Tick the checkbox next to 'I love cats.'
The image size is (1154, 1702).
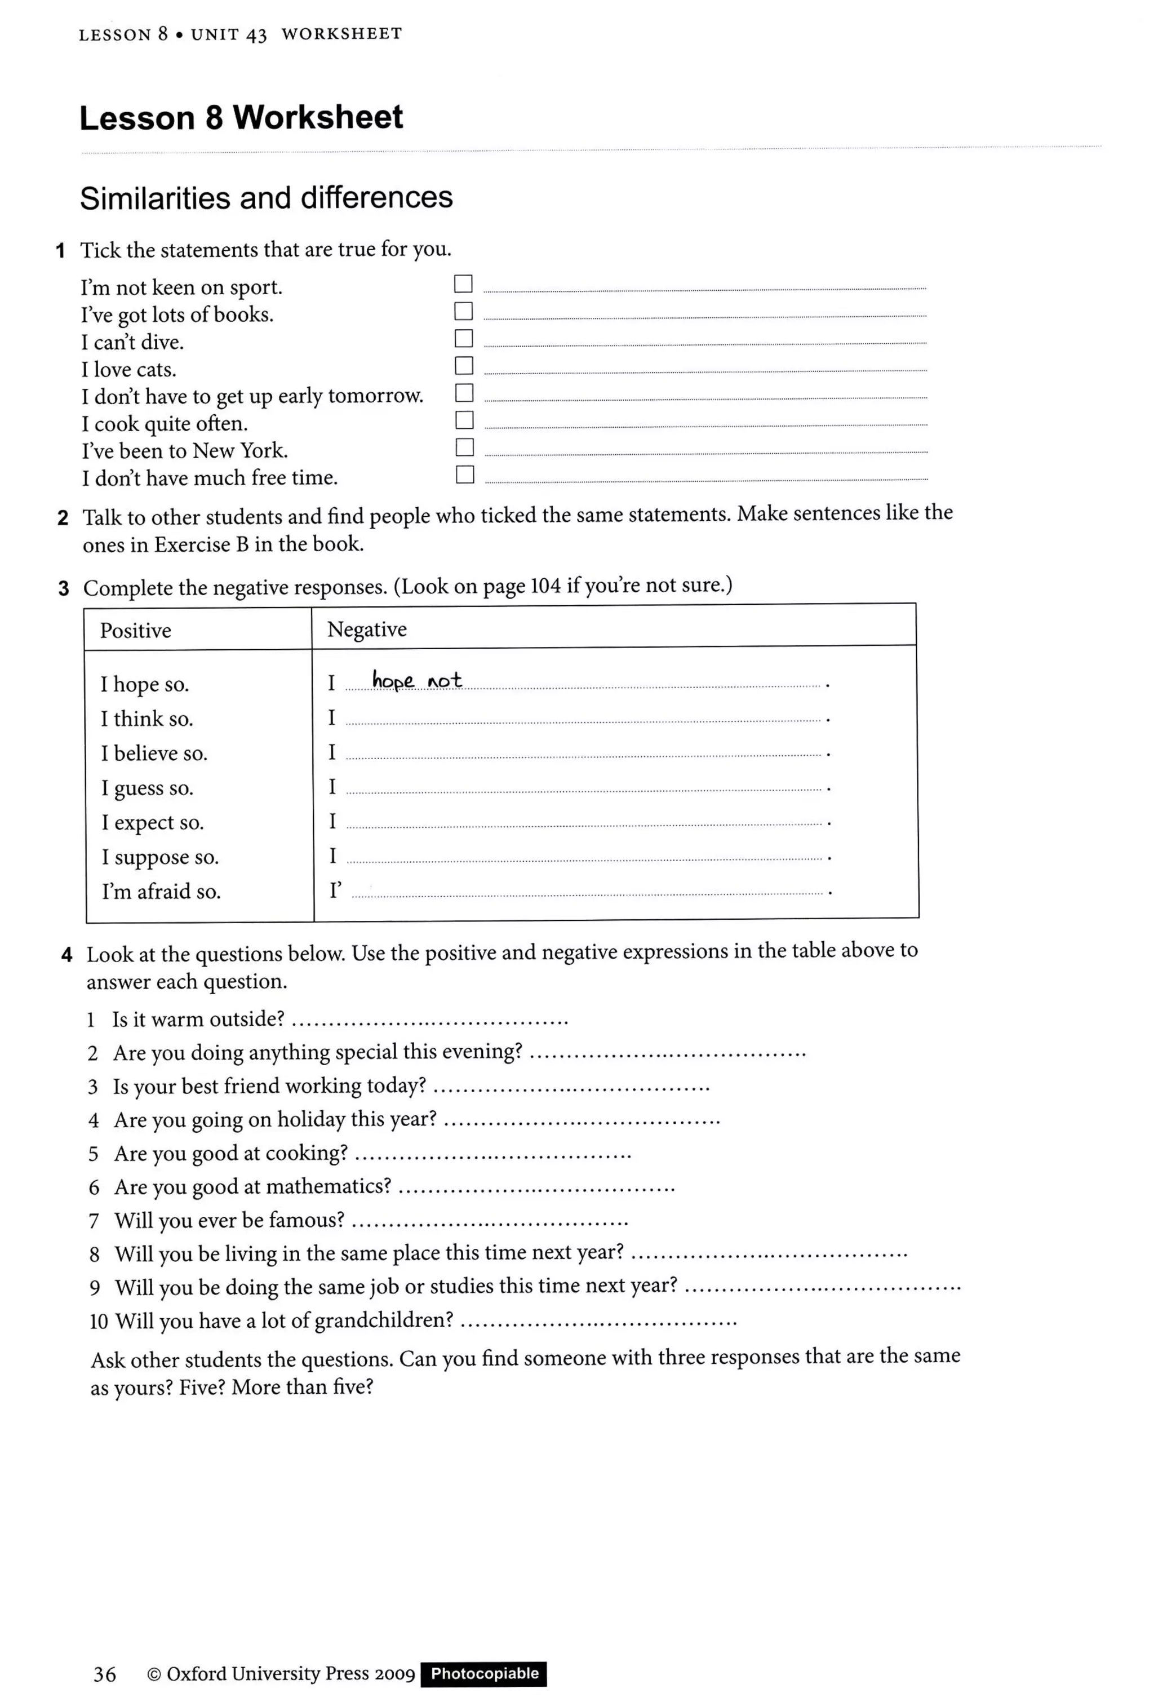(464, 365)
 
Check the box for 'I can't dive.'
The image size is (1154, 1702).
(464, 338)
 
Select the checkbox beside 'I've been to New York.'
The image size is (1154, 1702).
(464, 447)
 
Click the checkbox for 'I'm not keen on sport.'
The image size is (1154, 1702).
(463, 283)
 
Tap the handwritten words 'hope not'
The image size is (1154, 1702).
(416, 680)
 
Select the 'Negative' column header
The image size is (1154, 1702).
(366, 629)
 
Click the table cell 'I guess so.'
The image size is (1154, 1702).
(147, 788)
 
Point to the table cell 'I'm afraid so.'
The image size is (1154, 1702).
(161, 891)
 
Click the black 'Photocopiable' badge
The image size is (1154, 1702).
(484, 1673)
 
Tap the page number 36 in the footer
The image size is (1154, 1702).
(105, 1674)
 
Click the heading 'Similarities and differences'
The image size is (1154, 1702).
(266, 198)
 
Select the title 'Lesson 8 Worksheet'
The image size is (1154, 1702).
(241, 117)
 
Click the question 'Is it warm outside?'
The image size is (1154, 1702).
(198, 1019)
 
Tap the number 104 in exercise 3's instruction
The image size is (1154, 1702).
(545, 586)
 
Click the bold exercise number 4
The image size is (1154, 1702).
(66, 955)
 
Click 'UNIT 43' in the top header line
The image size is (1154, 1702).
(228, 34)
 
